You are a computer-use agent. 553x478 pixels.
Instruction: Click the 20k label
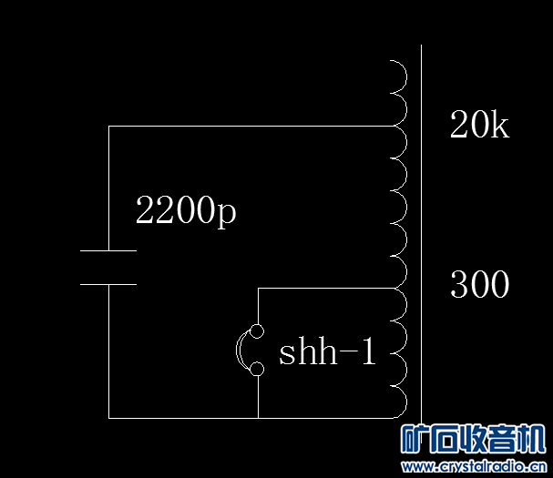coord(479,126)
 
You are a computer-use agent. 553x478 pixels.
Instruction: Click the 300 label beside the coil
coord(479,286)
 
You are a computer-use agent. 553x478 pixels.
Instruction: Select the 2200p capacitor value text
coord(185,212)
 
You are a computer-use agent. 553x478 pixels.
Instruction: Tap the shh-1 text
coord(327,352)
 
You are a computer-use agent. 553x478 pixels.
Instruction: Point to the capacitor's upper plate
coord(108,250)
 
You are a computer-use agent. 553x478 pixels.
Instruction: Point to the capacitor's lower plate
coord(108,284)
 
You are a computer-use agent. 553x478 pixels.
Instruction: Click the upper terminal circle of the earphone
coord(258,331)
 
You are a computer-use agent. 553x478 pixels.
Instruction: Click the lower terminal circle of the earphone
coord(258,369)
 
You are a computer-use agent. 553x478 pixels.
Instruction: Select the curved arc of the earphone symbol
coord(241,351)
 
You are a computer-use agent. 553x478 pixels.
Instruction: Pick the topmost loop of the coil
coord(397,74)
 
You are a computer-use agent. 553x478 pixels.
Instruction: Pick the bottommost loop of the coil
coord(397,402)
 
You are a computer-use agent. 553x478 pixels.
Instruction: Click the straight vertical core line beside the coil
coord(421,228)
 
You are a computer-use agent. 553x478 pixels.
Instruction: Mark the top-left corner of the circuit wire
coord(108,127)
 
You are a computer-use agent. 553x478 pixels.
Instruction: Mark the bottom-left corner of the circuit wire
coord(108,418)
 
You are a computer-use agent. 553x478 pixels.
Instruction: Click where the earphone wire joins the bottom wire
coord(258,418)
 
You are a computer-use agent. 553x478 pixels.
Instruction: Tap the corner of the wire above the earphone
coord(258,289)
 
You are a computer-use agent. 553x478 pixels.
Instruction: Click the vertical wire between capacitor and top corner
coord(108,187)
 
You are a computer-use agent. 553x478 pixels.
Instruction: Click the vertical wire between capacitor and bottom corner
coord(108,351)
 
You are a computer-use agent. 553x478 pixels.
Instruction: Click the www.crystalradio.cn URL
coord(473,467)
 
